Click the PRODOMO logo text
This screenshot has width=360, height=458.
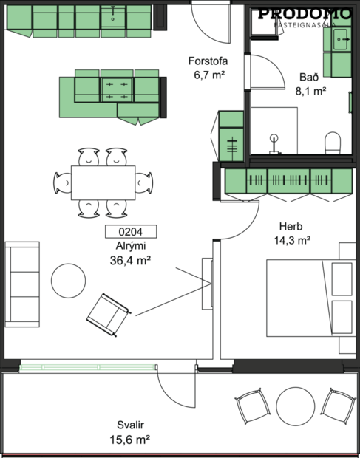tap(305, 13)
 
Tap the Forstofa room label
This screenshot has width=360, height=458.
tap(208, 62)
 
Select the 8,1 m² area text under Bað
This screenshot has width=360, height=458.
tap(310, 92)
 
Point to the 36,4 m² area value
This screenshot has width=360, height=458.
tap(130, 259)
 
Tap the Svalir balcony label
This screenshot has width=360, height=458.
tap(130, 425)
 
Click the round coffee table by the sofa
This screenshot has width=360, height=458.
tap(69, 281)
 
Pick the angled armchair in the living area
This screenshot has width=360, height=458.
tap(109, 310)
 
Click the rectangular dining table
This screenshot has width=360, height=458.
tap(103, 182)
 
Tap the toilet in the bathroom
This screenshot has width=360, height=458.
tap(332, 142)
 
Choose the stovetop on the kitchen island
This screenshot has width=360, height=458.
tap(116, 89)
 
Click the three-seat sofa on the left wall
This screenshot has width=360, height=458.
tap(22, 284)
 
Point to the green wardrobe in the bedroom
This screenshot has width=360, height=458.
tap(288, 180)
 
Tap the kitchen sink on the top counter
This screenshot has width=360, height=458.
tap(114, 14)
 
